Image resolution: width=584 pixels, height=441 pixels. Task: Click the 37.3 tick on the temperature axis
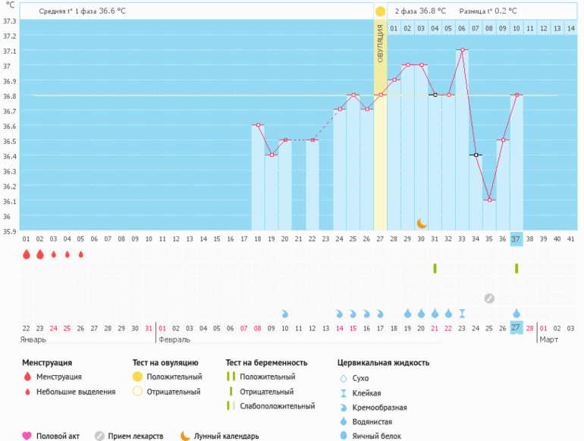10,20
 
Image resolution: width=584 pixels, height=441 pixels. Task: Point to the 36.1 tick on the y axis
10,202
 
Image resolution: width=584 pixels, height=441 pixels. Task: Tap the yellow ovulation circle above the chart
380,11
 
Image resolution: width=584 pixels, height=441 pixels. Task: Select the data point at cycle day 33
462,50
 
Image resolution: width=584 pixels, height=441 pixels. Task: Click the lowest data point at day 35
489,200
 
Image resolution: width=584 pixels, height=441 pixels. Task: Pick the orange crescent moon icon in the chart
422,223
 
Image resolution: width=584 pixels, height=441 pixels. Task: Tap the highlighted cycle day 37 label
516,239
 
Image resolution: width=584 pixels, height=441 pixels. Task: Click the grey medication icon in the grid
489,298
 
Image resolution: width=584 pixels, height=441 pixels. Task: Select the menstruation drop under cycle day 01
27,255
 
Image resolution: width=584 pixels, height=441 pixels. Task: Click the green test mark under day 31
435,268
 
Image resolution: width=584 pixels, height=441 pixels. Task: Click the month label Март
548,339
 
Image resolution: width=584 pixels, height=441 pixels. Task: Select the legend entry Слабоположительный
277,406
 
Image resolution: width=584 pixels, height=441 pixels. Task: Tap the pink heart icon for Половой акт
27,436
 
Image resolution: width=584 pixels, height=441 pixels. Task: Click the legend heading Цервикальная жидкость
384,362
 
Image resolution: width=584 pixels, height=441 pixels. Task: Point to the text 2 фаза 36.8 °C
420,11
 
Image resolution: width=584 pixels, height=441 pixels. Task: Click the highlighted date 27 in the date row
516,327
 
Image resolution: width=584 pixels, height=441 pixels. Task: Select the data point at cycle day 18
258,125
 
